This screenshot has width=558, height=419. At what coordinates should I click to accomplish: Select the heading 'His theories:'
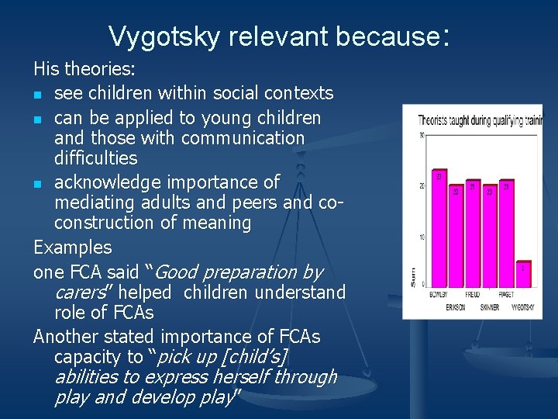click(84, 70)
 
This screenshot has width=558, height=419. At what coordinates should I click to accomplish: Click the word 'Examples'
click(72, 248)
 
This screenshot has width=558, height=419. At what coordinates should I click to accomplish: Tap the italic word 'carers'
click(80, 293)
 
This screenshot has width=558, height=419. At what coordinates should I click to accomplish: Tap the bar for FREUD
click(473, 234)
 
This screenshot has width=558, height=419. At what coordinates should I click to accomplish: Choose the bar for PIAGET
click(506, 234)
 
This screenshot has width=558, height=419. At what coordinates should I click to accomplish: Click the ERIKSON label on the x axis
click(456, 307)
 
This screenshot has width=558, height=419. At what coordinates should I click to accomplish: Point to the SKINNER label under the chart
click(490, 307)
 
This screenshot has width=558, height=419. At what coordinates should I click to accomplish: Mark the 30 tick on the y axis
click(422, 136)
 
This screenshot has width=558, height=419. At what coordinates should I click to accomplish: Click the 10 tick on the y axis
click(422, 237)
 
